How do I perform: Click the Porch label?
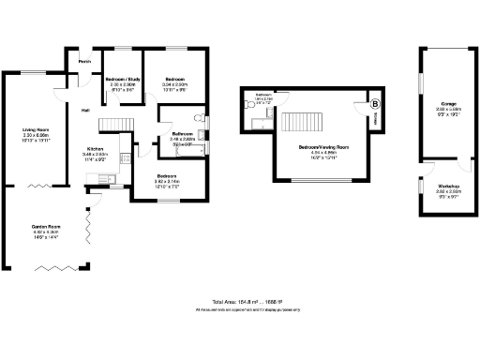[84, 63]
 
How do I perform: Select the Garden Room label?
[45, 228]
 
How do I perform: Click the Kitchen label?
[96, 149]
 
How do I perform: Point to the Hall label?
[85, 110]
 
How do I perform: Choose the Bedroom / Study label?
[122, 79]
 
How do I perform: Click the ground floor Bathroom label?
[183, 134]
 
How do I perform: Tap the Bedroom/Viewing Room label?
[323, 148]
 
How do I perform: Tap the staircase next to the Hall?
[113, 127]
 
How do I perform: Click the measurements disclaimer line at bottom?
[239, 309]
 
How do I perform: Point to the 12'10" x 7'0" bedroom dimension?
[169, 187]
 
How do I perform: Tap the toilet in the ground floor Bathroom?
[201, 118]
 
